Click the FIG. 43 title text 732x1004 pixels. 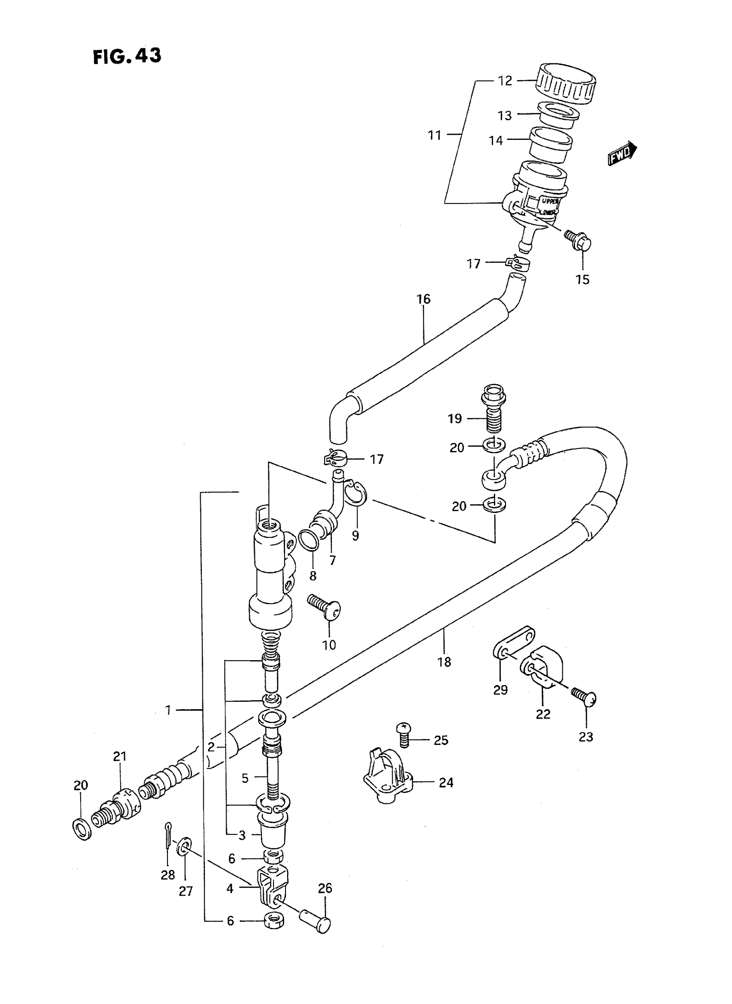click(x=127, y=56)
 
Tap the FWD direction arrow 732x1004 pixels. click(x=622, y=154)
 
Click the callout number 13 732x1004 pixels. click(x=504, y=116)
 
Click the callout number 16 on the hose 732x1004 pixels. click(x=424, y=300)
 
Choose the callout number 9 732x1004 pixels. click(x=355, y=535)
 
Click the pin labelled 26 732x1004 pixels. click(x=315, y=921)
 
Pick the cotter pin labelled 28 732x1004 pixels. click(x=168, y=836)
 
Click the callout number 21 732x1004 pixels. click(x=120, y=757)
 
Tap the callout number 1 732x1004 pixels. click(x=168, y=711)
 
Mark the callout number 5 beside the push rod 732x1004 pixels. click(x=245, y=778)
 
